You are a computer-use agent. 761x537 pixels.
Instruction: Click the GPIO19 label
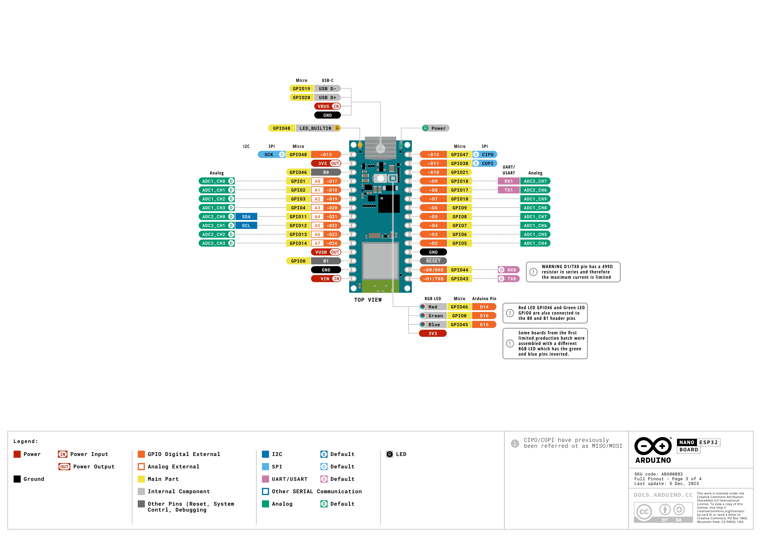(301, 89)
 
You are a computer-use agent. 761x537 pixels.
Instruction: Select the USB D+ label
(327, 97)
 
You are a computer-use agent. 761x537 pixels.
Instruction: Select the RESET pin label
(433, 261)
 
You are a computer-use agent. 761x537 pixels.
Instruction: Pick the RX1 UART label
(508, 181)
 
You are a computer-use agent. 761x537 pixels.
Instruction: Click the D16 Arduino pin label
(484, 316)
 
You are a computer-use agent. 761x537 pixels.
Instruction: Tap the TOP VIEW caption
(368, 300)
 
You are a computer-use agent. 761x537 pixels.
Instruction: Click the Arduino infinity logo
(653, 446)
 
